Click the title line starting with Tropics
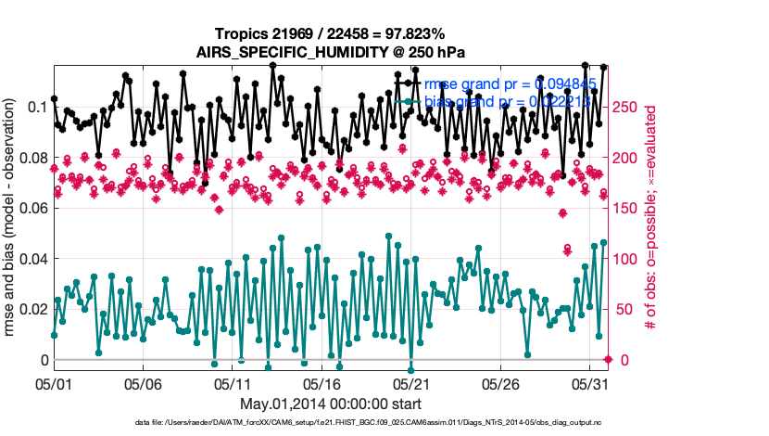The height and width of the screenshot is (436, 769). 331,34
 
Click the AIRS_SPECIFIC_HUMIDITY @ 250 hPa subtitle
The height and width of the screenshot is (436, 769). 331,52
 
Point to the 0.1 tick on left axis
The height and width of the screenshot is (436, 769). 38,107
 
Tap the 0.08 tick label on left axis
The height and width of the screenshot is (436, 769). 32,158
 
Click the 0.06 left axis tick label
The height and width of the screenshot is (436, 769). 32,208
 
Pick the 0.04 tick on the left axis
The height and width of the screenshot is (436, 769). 32,259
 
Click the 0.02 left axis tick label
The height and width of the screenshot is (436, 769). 32,309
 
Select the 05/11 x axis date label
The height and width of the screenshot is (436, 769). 233,383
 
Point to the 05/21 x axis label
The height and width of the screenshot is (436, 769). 412,383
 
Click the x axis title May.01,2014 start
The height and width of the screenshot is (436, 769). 331,404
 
